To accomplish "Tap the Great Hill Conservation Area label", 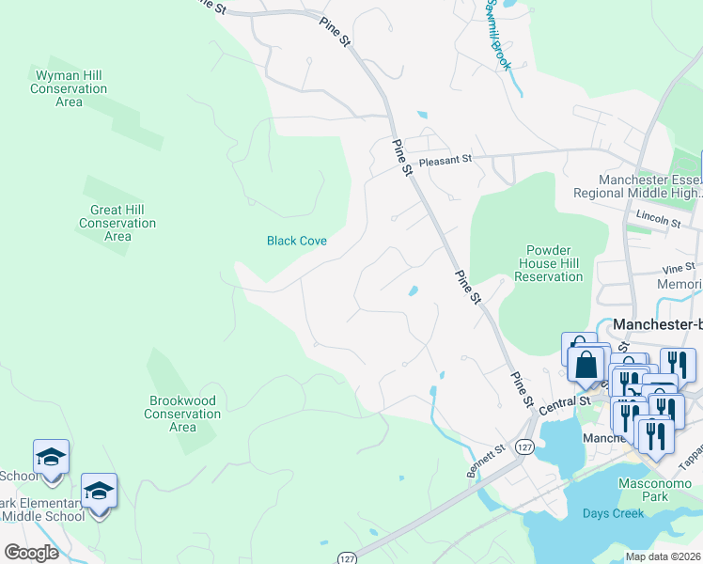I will (117, 223).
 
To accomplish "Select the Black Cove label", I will (297, 241).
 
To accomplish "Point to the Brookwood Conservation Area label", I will (183, 414).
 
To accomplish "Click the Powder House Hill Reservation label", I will (549, 263).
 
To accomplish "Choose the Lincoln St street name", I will (658, 219).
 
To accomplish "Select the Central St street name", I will (567, 401).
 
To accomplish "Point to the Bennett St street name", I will (486, 462).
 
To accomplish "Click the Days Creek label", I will (613, 513).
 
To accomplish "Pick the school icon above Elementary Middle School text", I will (99, 491).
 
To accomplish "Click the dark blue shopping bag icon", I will (586, 366).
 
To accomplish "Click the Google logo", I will (31, 553).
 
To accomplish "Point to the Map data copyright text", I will (663, 556).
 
